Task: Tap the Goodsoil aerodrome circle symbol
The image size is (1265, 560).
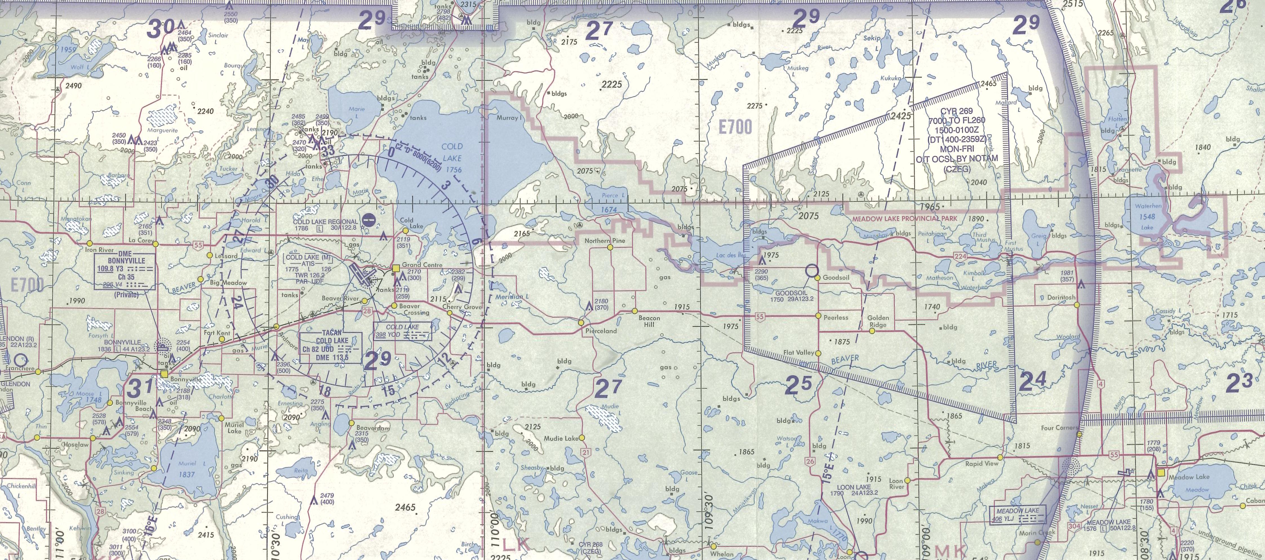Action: (811, 270)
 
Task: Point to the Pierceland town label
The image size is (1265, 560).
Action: (601, 331)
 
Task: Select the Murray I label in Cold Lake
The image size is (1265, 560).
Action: (507, 118)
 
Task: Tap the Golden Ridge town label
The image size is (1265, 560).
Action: (878, 321)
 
